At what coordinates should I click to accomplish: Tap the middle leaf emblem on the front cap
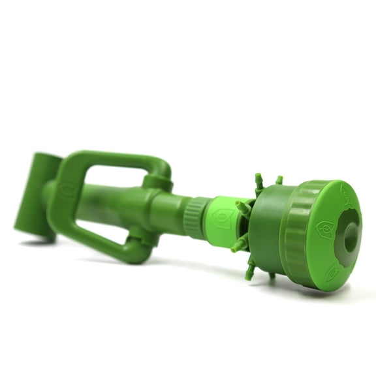(324, 229)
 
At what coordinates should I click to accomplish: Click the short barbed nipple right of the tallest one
(279, 180)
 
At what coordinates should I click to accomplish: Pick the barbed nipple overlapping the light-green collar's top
(243, 208)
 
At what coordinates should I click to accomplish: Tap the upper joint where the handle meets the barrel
(159, 181)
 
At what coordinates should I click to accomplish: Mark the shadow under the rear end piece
(39, 243)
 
